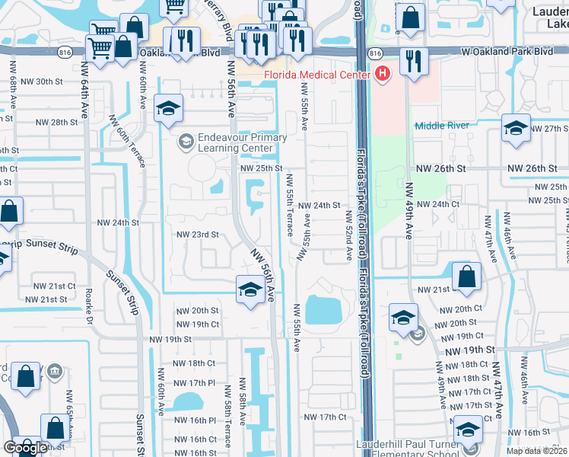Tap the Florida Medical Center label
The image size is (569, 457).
tap(317, 75)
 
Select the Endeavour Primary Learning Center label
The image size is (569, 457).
tap(232, 142)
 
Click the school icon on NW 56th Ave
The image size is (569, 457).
tap(250, 290)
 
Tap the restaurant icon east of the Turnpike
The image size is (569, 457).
tap(413, 61)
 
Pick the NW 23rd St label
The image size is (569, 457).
tap(198, 235)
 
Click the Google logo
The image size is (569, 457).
tap(25, 447)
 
